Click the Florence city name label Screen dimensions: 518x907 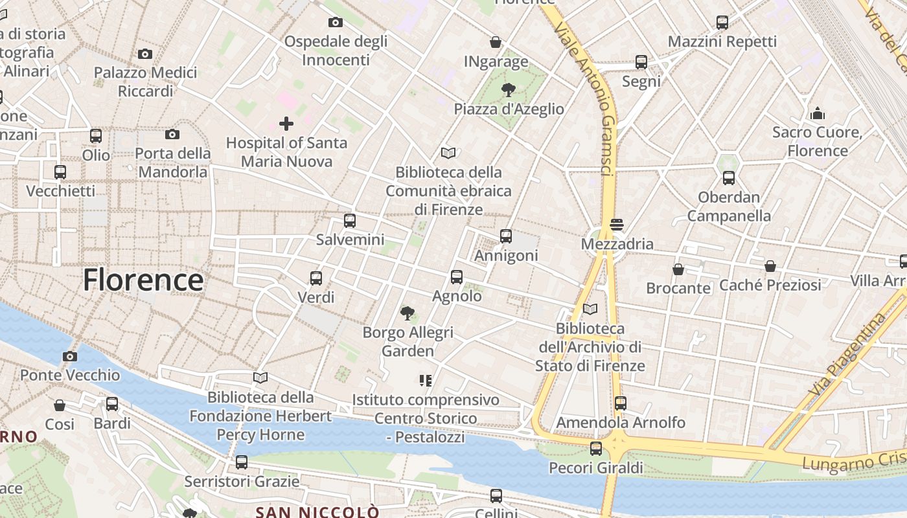coord(143,280)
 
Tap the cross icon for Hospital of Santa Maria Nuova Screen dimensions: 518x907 coord(286,123)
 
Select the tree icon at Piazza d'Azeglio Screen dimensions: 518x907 coord(509,89)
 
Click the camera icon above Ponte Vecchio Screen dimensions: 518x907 coord(70,356)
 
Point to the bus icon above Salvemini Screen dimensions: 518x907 coord(350,220)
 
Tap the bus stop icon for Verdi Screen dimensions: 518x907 coord(316,278)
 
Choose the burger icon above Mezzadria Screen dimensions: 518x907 coord(617,225)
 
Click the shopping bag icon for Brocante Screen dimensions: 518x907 coord(678,269)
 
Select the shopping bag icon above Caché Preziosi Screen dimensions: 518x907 coord(770,266)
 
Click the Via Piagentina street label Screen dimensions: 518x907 coord(847,354)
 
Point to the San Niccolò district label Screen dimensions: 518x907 coord(317,512)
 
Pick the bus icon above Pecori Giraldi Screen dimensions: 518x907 coord(596,448)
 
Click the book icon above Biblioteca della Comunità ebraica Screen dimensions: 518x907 coord(448,153)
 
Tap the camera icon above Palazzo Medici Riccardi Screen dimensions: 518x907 coord(145,54)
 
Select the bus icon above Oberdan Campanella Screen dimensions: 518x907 coord(729,177)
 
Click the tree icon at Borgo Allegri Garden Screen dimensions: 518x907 coord(408,313)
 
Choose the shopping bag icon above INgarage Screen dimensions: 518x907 coord(496,42)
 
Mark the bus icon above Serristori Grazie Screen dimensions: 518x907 coord(242,462)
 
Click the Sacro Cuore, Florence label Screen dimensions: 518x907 coord(818,142)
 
